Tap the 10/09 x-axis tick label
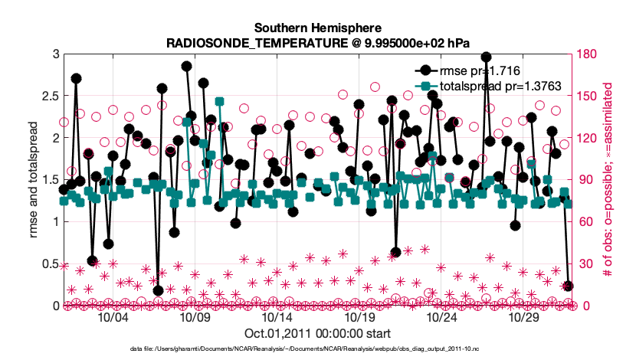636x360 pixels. [x=195, y=317]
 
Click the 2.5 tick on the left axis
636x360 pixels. [x=50, y=96]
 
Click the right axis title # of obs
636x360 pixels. [x=606, y=180]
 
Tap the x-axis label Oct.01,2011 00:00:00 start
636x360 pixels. [x=318, y=333]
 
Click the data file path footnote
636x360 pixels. [x=318, y=349]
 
